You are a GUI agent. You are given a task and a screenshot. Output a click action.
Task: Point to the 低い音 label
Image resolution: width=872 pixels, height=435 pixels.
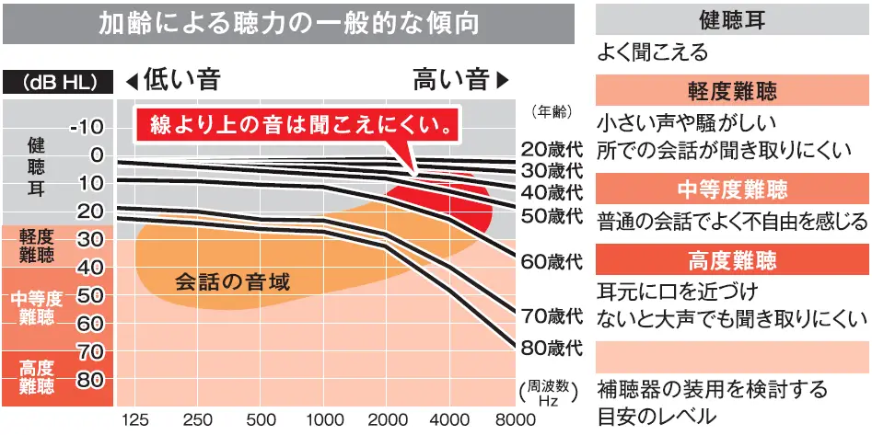tap(182, 80)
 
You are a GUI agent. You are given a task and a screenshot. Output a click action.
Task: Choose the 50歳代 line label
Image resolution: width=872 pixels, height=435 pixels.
tap(552, 216)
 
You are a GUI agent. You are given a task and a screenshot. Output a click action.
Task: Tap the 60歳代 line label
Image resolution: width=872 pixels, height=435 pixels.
tap(552, 260)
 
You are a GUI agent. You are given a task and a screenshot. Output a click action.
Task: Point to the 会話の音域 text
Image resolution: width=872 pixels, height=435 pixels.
tap(233, 281)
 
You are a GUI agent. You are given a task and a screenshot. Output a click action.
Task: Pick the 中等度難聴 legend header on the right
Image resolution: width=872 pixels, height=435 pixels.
tap(732, 189)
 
